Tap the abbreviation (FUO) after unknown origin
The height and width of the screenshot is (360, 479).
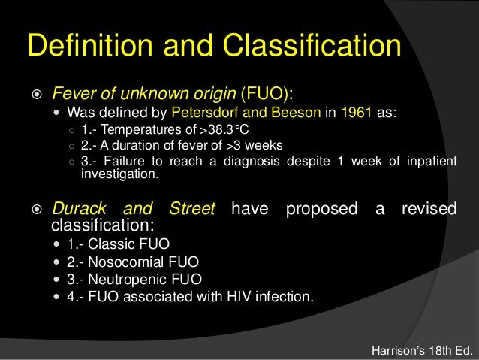(x=264, y=95)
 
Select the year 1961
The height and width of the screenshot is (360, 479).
(x=355, y=114)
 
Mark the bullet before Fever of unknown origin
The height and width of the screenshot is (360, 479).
(x=37, y=95)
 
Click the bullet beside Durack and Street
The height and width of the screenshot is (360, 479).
(x=37, y=209)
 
